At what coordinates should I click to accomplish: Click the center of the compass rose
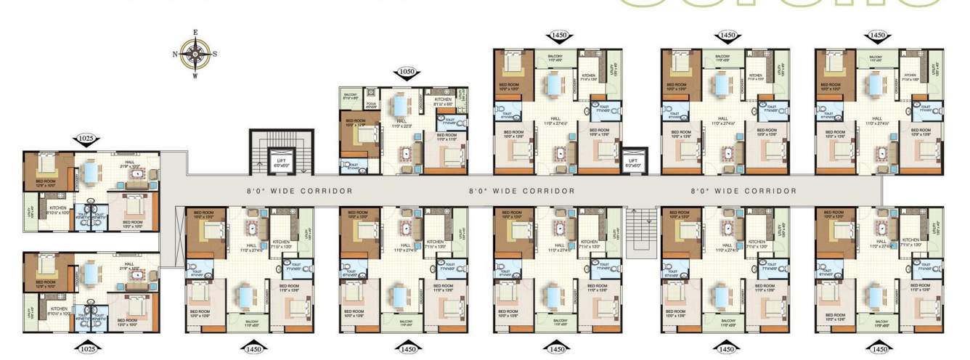click(195, 54)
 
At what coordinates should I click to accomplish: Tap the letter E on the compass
click(195, 33)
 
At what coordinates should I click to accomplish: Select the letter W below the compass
click(195, 75)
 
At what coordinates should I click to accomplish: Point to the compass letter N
click(175, 54)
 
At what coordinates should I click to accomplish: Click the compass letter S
click(215, 54)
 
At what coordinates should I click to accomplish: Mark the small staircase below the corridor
click(640, 232)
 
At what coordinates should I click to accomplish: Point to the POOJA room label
click(372, 104)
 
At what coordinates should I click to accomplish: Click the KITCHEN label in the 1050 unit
click(443, 99)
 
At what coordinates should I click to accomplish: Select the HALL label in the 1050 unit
click(400, 120)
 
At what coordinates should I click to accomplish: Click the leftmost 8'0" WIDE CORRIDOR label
click(298, 191)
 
